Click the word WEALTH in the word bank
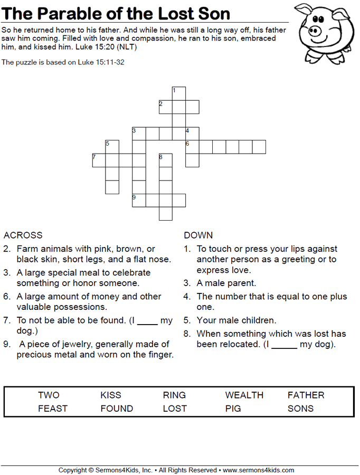pos(244,395)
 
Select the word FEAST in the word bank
pos(53,408)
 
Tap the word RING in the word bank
pos(174,395)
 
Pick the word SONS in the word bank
pos(300,408)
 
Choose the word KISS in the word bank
pos(111,395)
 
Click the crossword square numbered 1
pos(179,93)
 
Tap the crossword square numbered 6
pos(192,147)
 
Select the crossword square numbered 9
pos(139,200)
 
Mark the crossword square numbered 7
pos(99,160)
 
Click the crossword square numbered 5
pos(112,147)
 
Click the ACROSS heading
pos(23,235)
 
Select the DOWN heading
pos(198,235)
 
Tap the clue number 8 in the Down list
pos(186,334)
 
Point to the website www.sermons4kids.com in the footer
pos(258,470)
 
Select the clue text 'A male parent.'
pos(226,283)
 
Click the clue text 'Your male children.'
pos(236,320)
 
